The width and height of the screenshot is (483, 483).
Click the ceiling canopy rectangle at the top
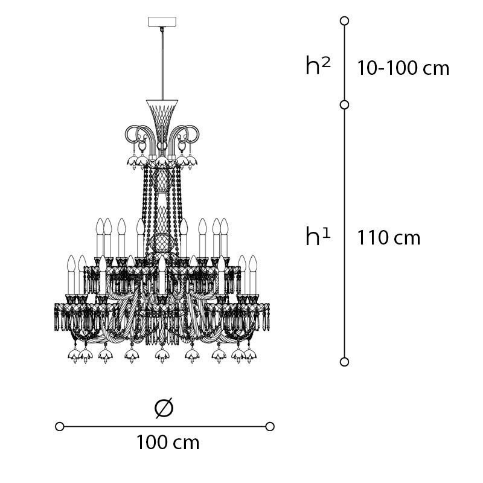162,22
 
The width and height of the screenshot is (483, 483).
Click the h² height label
318,65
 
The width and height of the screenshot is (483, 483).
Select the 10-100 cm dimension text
403,68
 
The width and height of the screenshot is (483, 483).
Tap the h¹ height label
318,235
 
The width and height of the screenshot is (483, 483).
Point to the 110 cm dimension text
389,238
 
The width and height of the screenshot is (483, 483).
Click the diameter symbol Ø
164,408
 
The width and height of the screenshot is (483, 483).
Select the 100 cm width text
168,443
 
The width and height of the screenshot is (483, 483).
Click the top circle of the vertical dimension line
344,21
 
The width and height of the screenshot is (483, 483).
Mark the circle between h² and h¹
344,105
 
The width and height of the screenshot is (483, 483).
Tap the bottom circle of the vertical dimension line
344,362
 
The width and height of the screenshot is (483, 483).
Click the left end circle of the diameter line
60,427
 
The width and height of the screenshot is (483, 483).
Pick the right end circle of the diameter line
270,427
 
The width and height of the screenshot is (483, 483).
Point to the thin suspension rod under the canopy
162,63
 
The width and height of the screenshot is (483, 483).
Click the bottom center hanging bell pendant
162,356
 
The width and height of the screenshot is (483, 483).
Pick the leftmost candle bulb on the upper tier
100,227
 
